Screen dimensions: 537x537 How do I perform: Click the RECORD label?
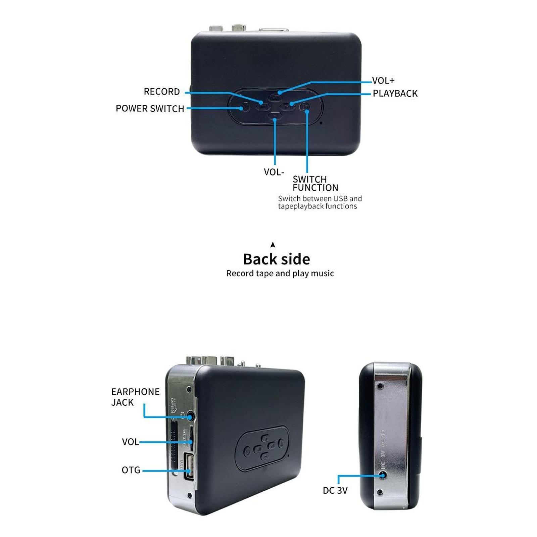(161, 92)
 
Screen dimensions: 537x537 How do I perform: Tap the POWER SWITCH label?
(150, 109)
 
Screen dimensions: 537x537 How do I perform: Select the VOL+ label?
(383, 81)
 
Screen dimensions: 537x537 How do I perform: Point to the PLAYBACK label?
(395, 94)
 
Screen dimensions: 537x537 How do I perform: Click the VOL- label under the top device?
(274, 172)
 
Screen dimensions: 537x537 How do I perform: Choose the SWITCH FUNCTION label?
(315, 183)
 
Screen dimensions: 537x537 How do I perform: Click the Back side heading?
(277, 259)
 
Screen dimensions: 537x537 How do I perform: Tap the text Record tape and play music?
(280, 274)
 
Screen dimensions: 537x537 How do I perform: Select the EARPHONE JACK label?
(135, 397)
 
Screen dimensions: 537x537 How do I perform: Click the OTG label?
(131, 470)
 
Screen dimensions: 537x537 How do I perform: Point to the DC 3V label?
(335, 491)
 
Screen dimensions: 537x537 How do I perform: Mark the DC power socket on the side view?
(383, 475)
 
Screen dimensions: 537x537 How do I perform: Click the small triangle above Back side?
(273, 245)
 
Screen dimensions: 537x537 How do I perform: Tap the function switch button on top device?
(305, 107)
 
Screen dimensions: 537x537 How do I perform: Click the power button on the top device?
(245, 107)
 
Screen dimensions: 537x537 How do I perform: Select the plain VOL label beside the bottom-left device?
(130, 442)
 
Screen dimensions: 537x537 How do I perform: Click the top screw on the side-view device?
(380, 387)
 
